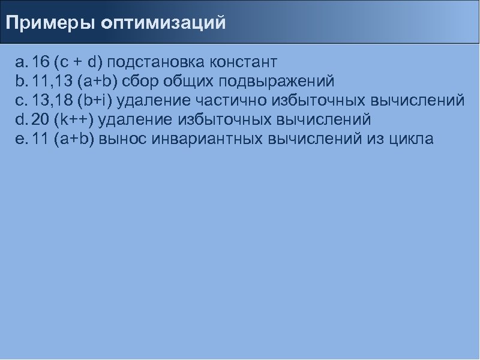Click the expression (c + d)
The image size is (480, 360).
77,62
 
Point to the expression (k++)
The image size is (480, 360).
73,119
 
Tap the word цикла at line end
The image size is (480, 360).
410,139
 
